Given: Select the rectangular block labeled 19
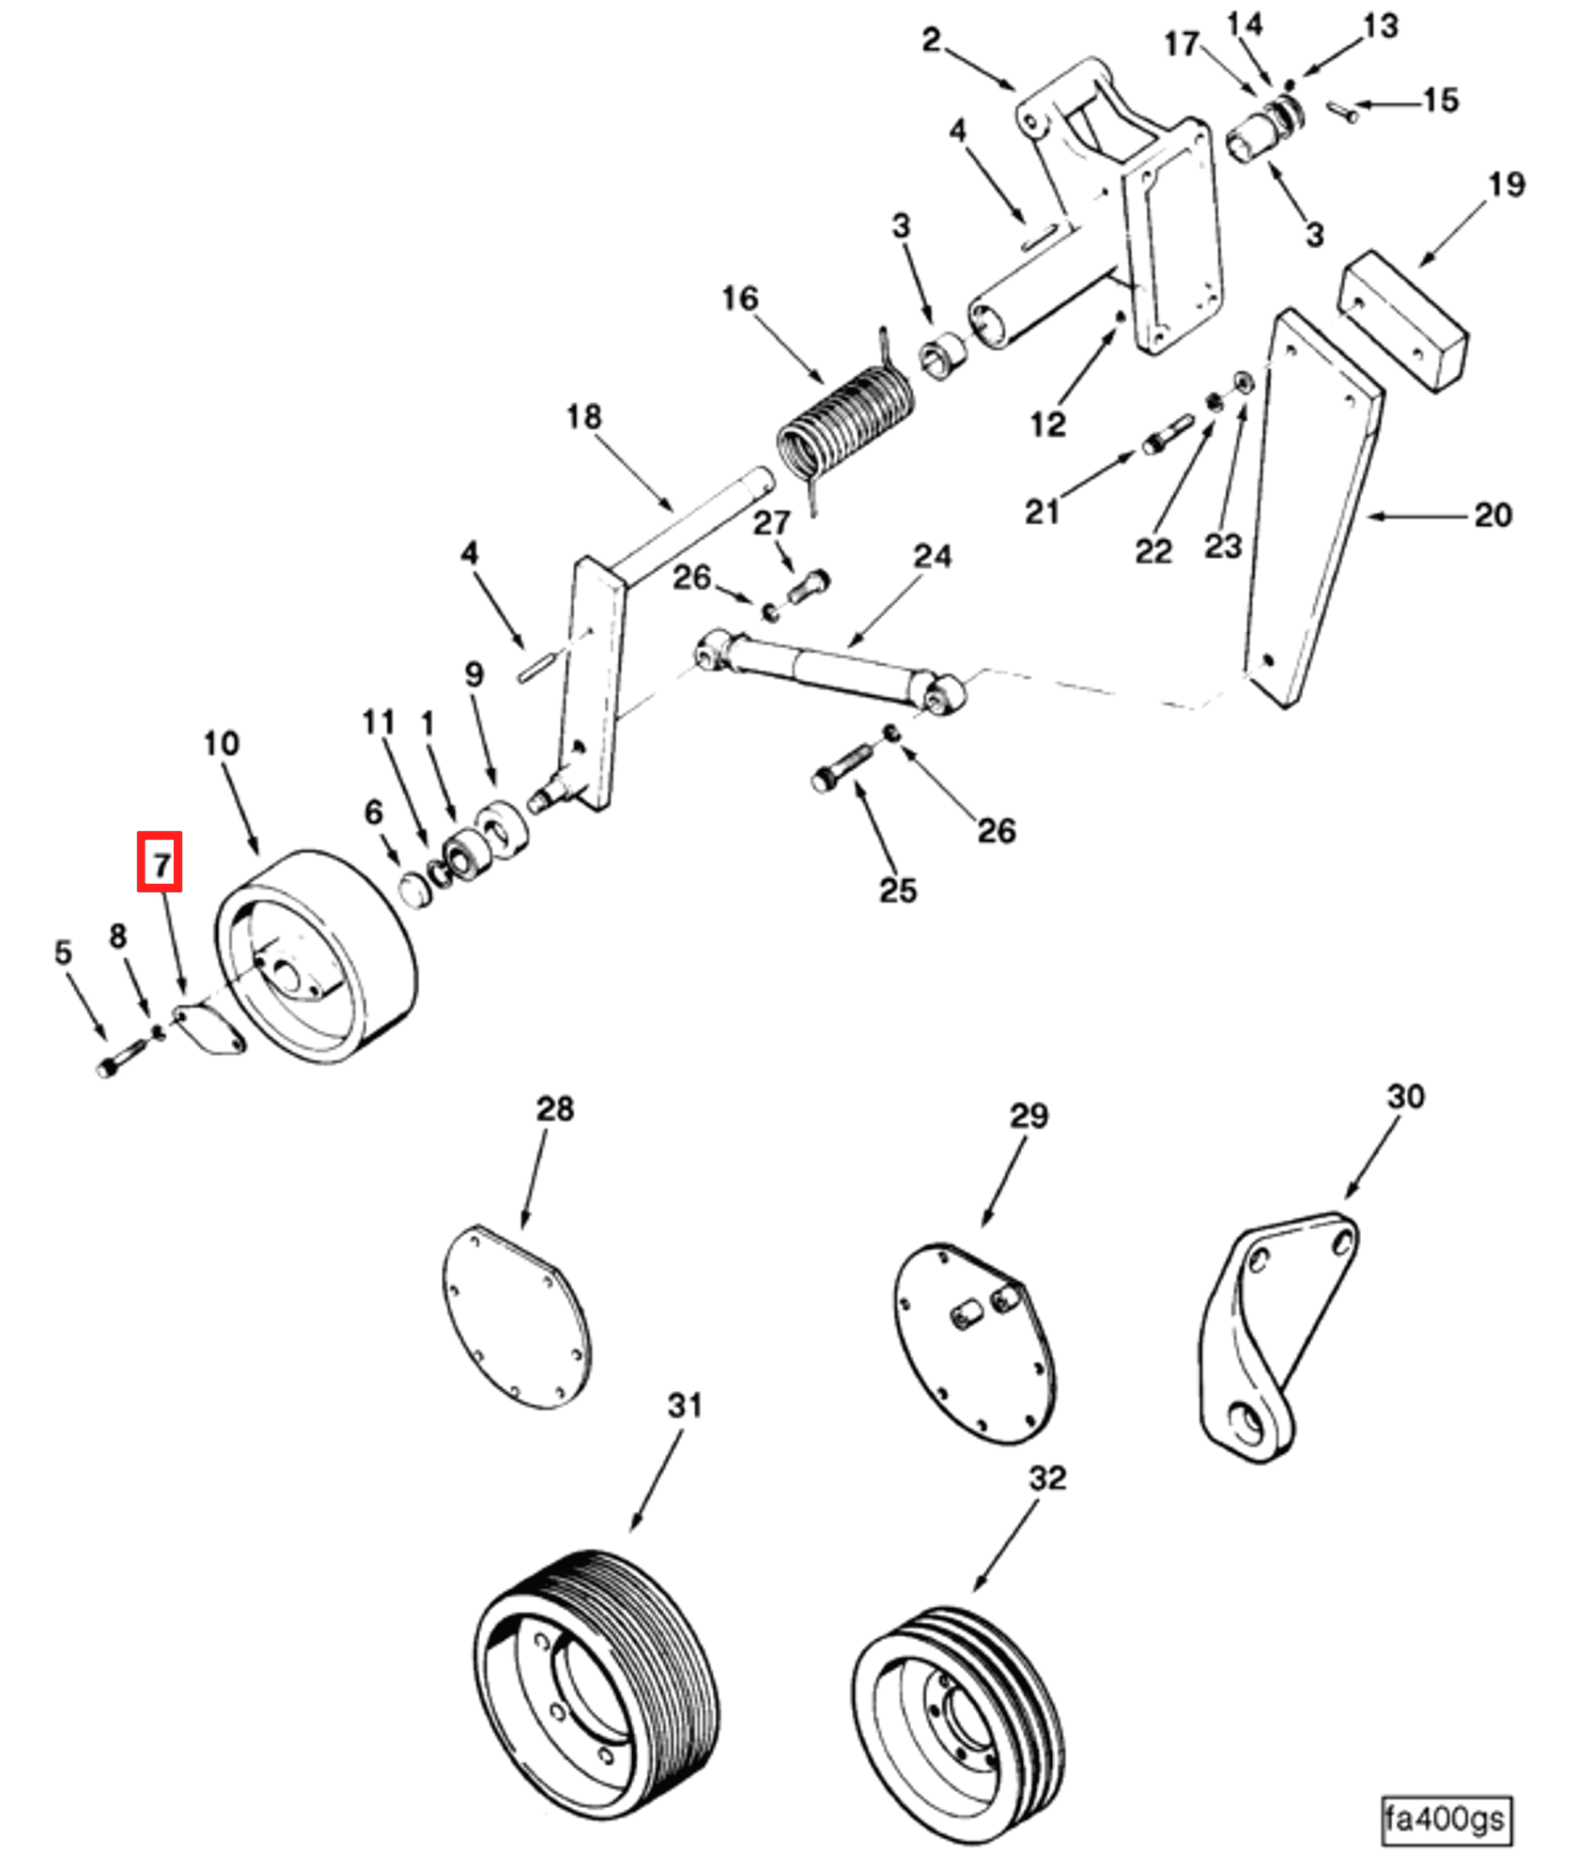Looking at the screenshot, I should coord(1401,320).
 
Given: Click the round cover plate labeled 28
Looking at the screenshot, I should coord(516,1317).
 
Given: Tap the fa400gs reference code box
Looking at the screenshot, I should coord(1446,1819).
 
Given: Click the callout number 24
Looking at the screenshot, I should coord(932,556).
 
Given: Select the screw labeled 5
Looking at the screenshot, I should coord(120,1058).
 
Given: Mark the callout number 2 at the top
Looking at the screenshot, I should coord(930,39).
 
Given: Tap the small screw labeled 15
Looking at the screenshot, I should coord(1343,112).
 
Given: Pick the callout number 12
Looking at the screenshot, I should coord(1047,425).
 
